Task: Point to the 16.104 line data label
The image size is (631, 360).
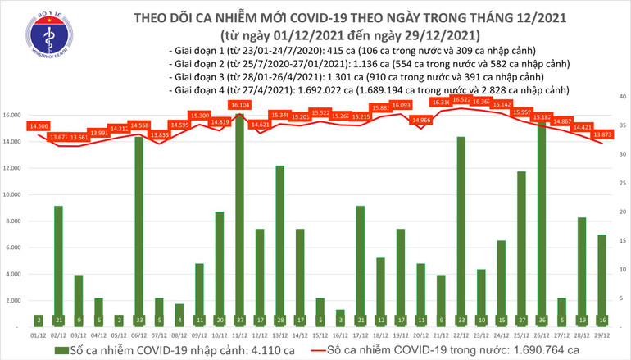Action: (x=240, y=106)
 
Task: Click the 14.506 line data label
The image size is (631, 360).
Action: (x=38, y=127)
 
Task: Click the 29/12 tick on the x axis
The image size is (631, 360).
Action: (x=601, y=335)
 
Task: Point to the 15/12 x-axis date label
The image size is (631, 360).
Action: (x=320, y=335)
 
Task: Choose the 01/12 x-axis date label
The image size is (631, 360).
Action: (x=39, y=335)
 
